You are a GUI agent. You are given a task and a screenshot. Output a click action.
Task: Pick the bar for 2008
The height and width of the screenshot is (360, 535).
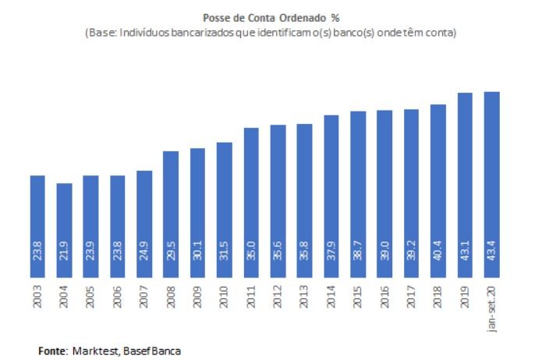[x=171, y=214]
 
